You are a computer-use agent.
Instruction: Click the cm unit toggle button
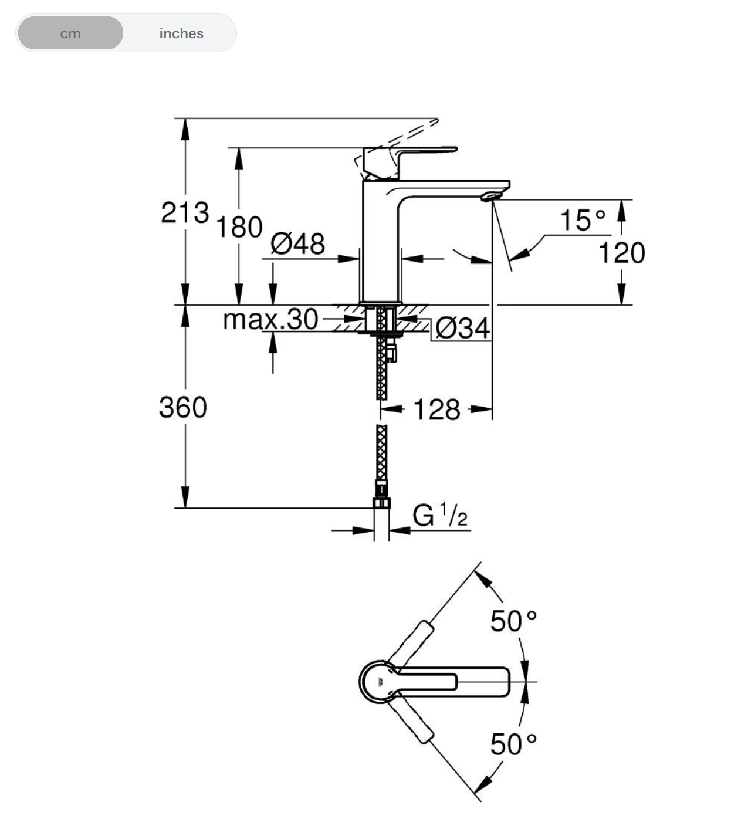[70, 33]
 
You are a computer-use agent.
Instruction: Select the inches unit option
[181, 33]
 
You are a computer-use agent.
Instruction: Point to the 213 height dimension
[185, 212]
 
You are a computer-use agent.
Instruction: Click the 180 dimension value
[239, 228]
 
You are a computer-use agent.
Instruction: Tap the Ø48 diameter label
[297, 243]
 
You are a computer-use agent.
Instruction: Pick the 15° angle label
[582, 221]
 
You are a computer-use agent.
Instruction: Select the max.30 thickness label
[270, 320]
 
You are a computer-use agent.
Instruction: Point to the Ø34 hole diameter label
[462, 329]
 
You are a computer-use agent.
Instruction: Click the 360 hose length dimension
[183, 407]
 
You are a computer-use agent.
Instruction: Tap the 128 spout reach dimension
[436, 409]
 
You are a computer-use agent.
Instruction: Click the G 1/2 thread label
[440, 515]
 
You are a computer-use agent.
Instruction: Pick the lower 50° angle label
[513, 744]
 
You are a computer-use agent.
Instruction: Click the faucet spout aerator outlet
[490, 196]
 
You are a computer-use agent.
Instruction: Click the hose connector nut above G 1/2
[381, 502]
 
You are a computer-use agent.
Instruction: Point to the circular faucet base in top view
[378, 681]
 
